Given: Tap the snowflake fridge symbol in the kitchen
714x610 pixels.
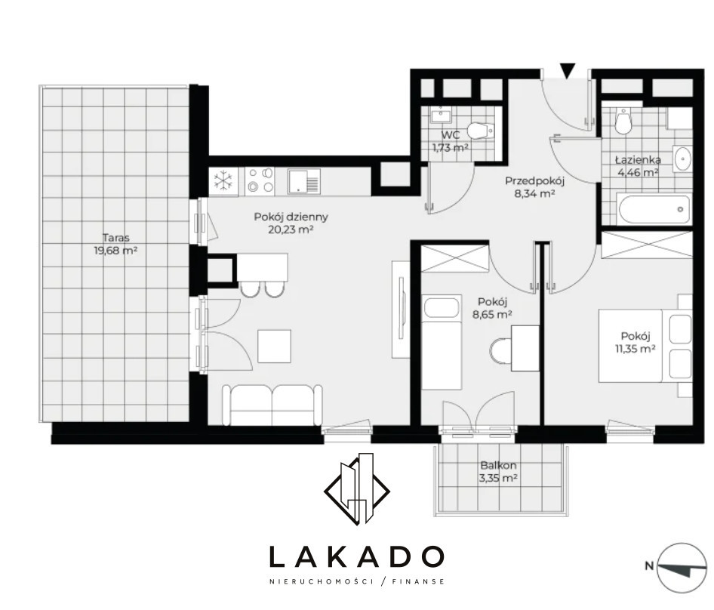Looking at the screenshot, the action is [223, 180].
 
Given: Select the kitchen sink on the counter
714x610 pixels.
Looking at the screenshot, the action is [303, 180].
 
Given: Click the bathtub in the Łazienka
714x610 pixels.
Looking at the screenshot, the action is [654, 209].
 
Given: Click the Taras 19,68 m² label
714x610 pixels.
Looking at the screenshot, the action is [115, 244].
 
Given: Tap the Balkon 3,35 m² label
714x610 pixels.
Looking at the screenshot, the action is [499, 472].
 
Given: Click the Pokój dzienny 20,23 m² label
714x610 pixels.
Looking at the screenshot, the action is [291, 223].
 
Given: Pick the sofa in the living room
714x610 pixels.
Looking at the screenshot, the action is [272, 405].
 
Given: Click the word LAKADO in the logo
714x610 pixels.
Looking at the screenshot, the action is [356, 556].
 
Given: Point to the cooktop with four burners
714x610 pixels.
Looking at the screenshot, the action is [260, 180].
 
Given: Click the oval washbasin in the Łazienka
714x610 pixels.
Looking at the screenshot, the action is [682, 159].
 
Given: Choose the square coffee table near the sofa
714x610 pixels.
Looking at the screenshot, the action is [275, 346].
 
